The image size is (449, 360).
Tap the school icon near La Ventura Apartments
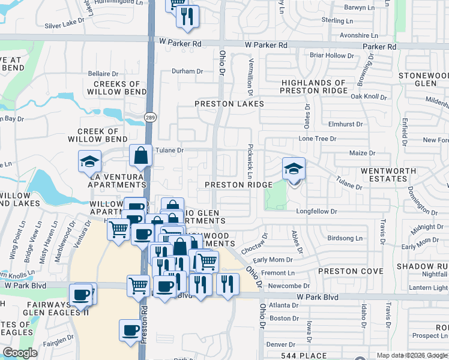click(90, 161)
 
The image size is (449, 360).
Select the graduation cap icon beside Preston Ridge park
click(294, 169)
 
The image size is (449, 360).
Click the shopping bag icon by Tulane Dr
click(140, 155)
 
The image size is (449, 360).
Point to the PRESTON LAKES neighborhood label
click(229, 104)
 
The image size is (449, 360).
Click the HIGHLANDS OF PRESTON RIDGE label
click(313, 87)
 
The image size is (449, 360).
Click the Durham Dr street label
click(187, 71)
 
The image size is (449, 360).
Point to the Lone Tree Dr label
click(318, 139)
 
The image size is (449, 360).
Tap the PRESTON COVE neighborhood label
click(351, 271)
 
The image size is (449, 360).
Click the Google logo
click(20, 353)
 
